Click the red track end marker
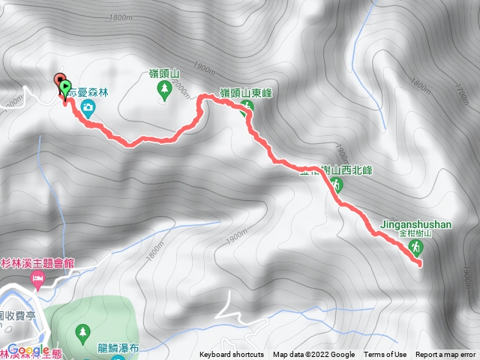coord(59,80)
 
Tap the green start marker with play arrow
coord(65,88)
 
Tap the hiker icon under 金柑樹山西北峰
coord(337,184)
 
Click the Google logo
coord(28,350)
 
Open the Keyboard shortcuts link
coord(232,355)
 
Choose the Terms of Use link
coord(385,355)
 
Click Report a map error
coord(446,355)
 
